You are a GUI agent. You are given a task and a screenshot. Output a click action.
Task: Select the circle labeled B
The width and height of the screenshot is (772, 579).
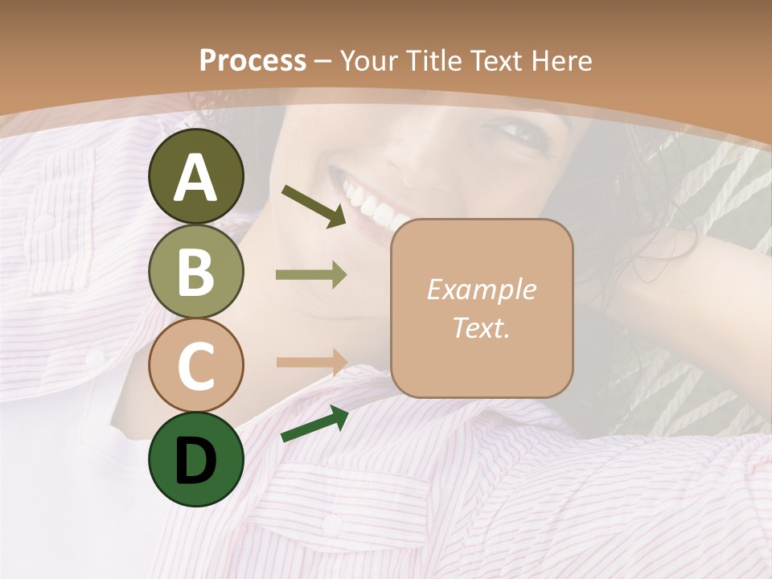195,271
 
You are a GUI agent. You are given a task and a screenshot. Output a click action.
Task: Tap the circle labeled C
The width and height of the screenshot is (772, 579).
195,365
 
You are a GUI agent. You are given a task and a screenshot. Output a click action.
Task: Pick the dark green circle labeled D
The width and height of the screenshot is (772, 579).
195,459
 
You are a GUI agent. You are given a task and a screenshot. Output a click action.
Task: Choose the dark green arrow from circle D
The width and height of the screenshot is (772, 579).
314,424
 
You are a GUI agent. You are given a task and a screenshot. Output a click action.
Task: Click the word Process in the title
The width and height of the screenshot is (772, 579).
253,60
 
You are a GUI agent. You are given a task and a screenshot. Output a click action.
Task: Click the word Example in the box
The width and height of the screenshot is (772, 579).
482,289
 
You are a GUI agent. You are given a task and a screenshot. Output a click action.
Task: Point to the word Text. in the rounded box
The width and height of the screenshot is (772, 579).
482,327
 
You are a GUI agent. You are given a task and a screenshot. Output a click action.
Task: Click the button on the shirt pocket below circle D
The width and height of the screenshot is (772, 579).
331,524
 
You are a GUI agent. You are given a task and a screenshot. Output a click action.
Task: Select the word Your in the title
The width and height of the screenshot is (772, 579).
368,60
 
